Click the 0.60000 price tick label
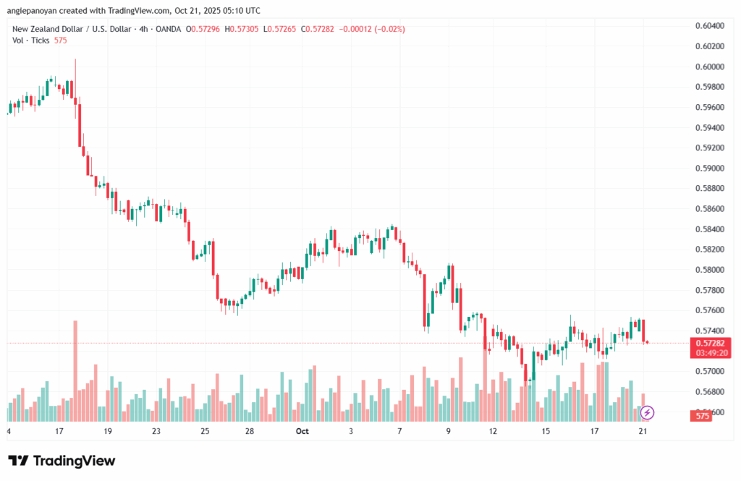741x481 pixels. [x=709, y=67]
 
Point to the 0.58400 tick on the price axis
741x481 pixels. [x=709, y=229]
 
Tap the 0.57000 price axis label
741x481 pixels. [x=709, y=372]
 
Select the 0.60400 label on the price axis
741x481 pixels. [x=709, y=26]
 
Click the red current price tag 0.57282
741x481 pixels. [x=709, y=342]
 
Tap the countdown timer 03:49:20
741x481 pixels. [x=709, y=352]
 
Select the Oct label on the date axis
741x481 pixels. [x=303, y=432]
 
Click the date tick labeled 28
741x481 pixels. [x=249, y=432]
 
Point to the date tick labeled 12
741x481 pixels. [x=494, y=432]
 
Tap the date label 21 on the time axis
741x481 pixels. [x=641, y=432]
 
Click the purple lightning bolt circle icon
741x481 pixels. [x=648, y=413]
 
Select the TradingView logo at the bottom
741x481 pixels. [x=62, y=461]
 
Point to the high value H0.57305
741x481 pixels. [x=245, y=29]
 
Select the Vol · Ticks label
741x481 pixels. [x=30, y=41]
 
